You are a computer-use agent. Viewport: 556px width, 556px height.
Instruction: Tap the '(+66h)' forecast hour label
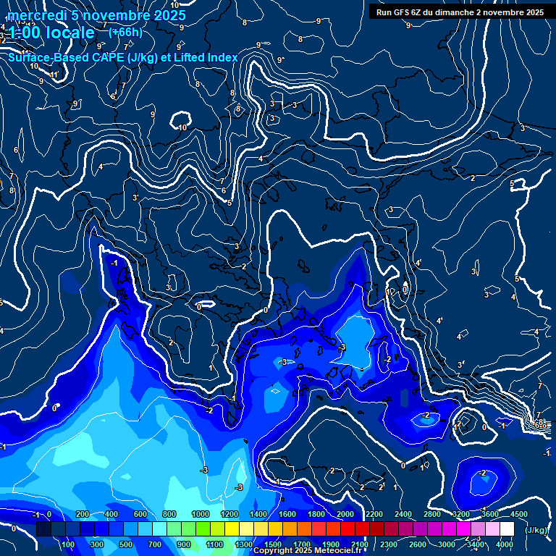125,32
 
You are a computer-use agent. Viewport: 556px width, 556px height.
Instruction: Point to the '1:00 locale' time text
52,33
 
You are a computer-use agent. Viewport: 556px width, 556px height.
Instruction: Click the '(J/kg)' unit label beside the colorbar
535,531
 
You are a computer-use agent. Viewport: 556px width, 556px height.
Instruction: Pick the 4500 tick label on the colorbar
518,514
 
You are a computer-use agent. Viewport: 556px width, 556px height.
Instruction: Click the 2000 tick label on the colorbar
345,514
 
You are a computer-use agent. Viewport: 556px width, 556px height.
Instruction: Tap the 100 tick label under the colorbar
69,544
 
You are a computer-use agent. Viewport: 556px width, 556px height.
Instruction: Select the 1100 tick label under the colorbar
214,544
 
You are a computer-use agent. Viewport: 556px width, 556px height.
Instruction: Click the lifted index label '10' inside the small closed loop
183,127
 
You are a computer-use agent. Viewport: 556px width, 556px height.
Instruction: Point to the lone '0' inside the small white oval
199,306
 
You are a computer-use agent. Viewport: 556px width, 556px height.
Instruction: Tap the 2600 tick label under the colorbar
417,544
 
